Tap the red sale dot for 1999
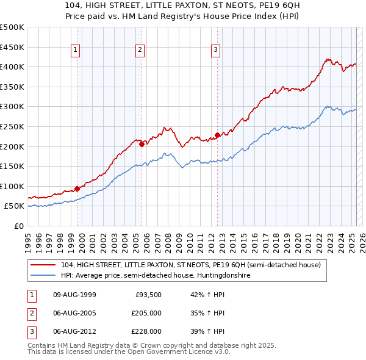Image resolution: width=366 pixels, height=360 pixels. click(x=77, y=189)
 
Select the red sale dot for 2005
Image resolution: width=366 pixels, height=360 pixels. click(x=142, y=144)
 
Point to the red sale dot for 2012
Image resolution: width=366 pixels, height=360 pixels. click(x=217, y=135)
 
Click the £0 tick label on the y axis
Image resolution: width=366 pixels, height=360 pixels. click(x=19, y=226)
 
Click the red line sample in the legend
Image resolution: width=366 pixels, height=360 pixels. click(x=43, y=265)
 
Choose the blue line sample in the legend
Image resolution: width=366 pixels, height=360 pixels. click(x=43, y=276)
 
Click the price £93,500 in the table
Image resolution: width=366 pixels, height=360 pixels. click(x=148, y=295)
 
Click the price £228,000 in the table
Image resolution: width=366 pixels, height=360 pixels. click(x=146, y=332)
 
